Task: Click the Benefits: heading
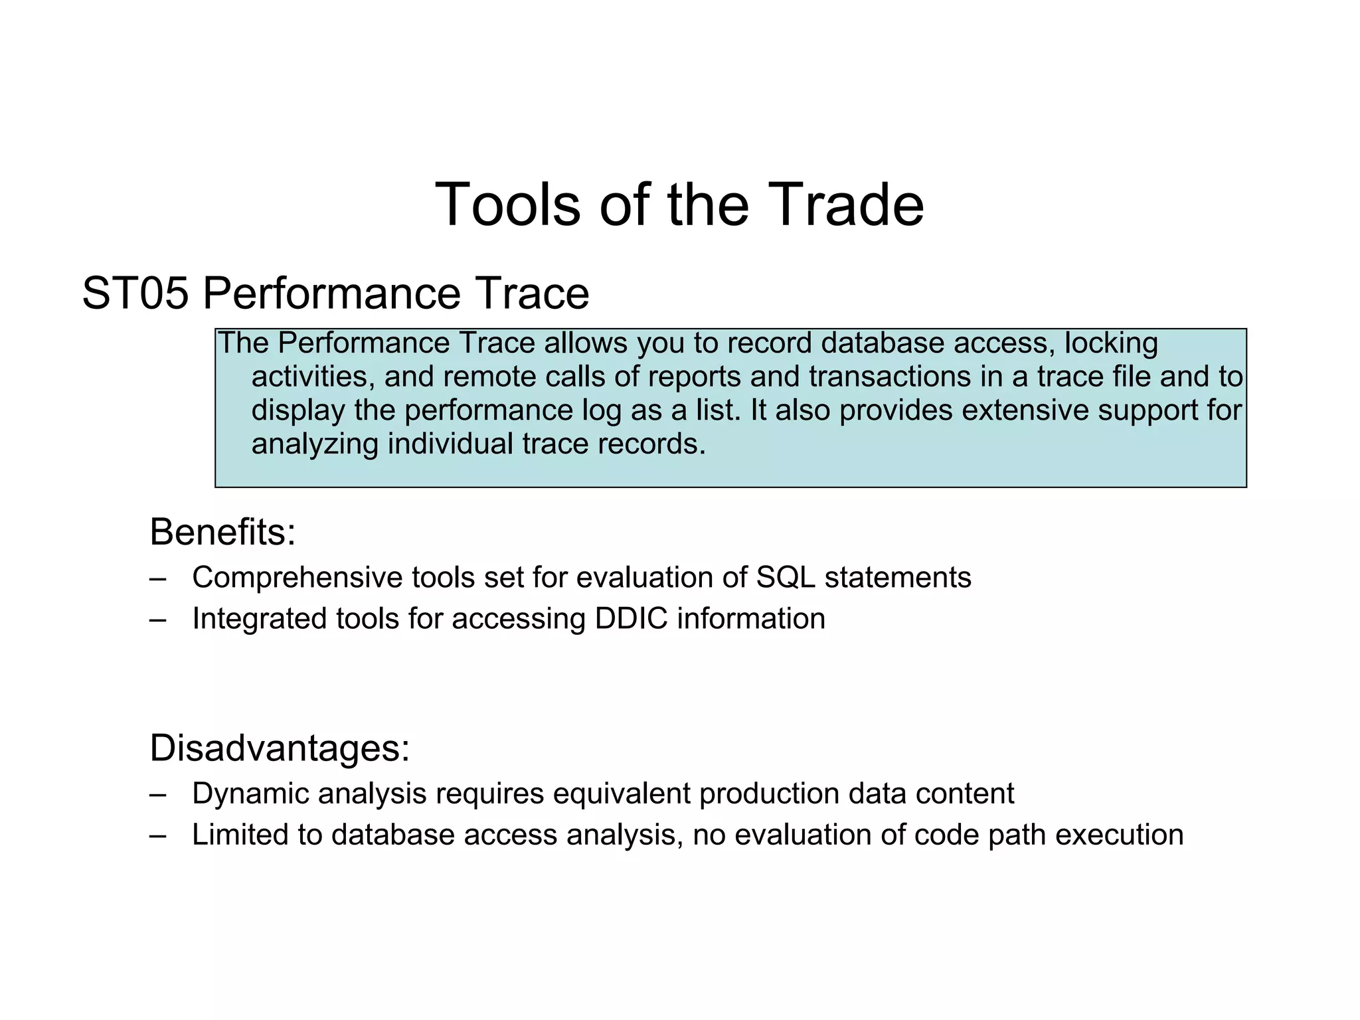click(x=222, y=532)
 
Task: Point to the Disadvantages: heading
click(x=280, y=748)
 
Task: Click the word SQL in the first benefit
click(x=786, y=577)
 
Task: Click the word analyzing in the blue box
click(x=315, y=444)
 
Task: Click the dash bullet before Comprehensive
click(x=158, y=578)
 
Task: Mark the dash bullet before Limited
click(x=158, y=835)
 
